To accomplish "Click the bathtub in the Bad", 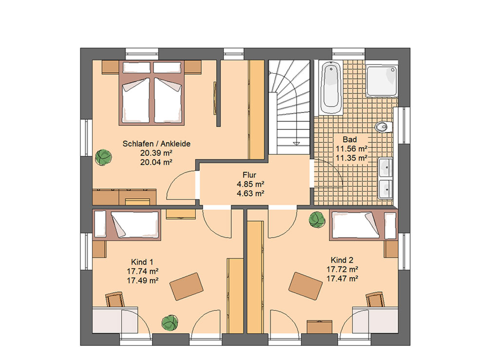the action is pyautogui.click(x=331, y=88).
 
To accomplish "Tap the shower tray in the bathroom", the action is pyautogui.click(x=382, y=81).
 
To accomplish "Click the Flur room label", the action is pyautogui.click(x=250, y=175).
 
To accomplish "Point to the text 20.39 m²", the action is pyautogui.click(x=156, y=153).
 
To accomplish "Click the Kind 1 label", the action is pyautogui.click(x=142, y=262).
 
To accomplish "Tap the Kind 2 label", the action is pyautogui.click(x=342, y=260).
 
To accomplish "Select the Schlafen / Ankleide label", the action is pyautogui.click(x=156, y=144).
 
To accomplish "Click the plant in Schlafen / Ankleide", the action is pyautogui.click(x=103, y=157).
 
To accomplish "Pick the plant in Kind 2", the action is pyautogui.click(x=317, y=220).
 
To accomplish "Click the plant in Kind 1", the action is pyautogui.click(x=170, y=322).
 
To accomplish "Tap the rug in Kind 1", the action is pyautogui.click(x=187, y=286).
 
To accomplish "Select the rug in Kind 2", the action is pyautogui.click(x=306, y=286).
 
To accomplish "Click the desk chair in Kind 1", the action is pyautogui.click(x=115, y=300).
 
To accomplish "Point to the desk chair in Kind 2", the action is pyautogui.click(x=375, y=300).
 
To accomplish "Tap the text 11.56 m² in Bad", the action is pyautogui.click(x=352, y=149).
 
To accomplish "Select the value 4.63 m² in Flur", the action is pyautogui.click(x=250, y=193).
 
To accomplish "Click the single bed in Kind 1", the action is pyautogui.click(x=127, y=225).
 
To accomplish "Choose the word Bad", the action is pyautogui.click(x=350, y=140).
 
